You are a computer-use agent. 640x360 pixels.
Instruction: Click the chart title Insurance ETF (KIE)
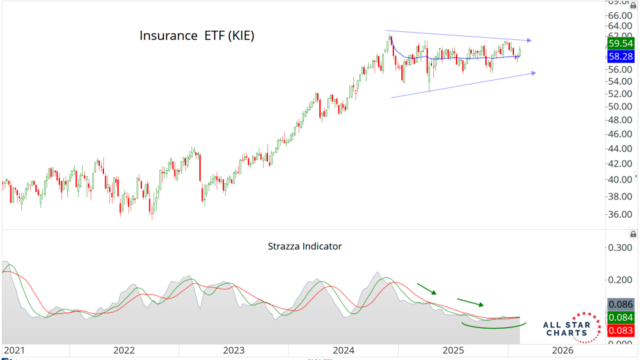tap(197, 36)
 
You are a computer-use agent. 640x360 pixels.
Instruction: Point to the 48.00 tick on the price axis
tap(621, 120)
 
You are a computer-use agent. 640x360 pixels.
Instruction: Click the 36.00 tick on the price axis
tap(621, 215)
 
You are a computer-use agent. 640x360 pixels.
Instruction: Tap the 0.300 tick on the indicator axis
tap(619, 247)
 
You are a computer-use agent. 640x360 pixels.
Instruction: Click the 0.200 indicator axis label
tap(619, 279)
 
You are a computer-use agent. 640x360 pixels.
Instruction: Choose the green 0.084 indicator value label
tap(621, 317)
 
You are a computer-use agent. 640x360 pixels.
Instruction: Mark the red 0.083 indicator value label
tap(621, 330)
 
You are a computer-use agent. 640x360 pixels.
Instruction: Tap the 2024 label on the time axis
tap(343, 350)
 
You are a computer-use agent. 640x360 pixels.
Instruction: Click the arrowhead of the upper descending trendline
tap(529, 41)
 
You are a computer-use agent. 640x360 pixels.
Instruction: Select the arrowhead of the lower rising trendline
tap(532, 73)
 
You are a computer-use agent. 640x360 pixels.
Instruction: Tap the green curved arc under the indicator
tap(493, 328)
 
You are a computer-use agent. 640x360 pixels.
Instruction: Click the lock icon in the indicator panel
tap(633, 234)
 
